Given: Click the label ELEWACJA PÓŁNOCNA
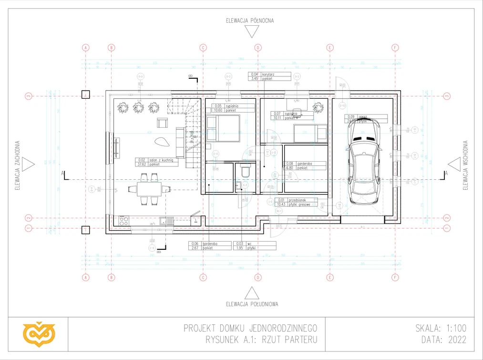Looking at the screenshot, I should (250, 21).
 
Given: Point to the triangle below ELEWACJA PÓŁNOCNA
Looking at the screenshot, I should (251, 32).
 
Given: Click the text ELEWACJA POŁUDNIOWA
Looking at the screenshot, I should (252, 304).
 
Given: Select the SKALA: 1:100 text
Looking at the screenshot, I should (441, 328).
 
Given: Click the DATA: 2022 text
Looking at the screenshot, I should (443, 340).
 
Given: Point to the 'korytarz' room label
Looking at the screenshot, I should (269, 77).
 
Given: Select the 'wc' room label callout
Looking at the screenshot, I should (255, 246).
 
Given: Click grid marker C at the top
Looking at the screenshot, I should (203, 48).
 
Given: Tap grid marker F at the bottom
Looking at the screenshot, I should (395, 277).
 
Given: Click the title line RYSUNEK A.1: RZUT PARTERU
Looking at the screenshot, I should (261, 340).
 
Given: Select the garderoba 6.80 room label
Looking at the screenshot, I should (305, 165).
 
